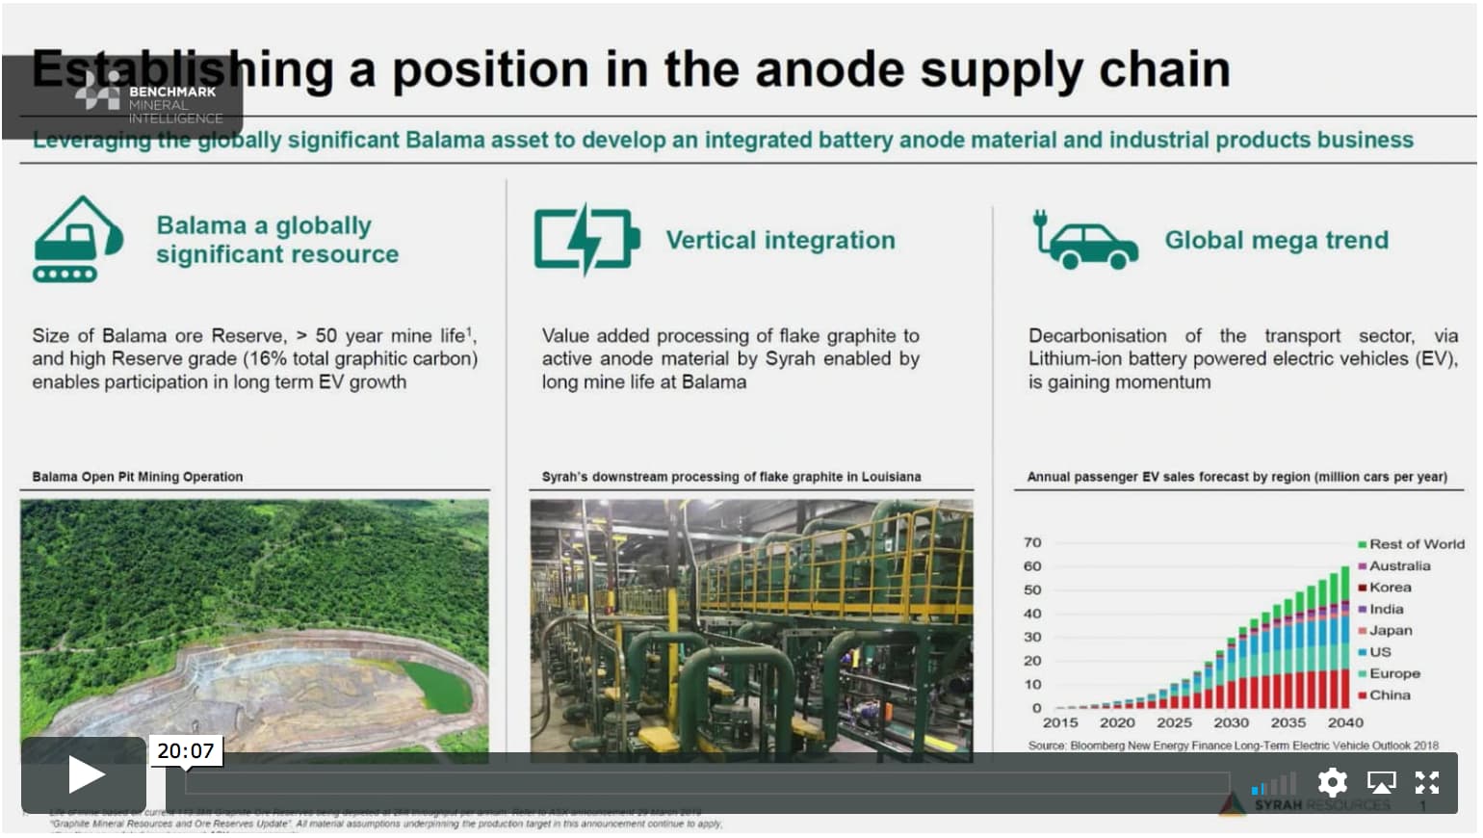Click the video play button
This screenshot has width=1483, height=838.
tap(85, 775)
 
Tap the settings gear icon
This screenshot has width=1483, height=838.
tap(1332, 782)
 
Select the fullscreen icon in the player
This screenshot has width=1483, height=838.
tap(1426, 782)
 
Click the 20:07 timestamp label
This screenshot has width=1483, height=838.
tap(186, 751)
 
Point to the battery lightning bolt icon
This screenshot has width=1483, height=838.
tap(585, 239)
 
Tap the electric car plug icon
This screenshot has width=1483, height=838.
tap(1085, 241)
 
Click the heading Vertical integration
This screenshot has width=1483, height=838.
tap(780, 240)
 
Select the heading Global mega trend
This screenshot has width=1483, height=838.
tap(1276, 240)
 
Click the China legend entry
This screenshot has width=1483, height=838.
tap(1389, 695)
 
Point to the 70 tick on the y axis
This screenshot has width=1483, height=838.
tap(1032, 542)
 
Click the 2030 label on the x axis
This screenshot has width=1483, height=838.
tap(1231, 722)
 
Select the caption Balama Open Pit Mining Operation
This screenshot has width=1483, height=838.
tap(138, 477)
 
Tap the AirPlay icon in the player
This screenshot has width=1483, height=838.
tap(1381, 782)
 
